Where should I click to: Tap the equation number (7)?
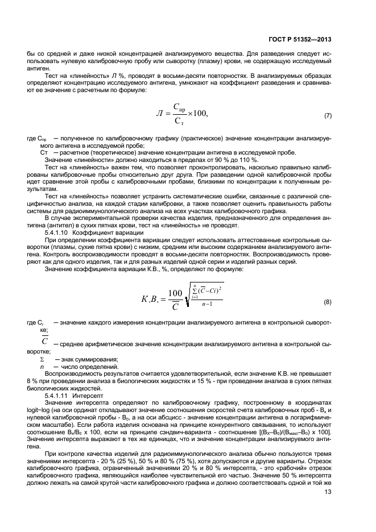[328, 116]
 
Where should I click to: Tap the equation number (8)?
[328, 301]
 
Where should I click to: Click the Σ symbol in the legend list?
[42, 359]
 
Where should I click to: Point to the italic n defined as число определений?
[42, 367]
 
